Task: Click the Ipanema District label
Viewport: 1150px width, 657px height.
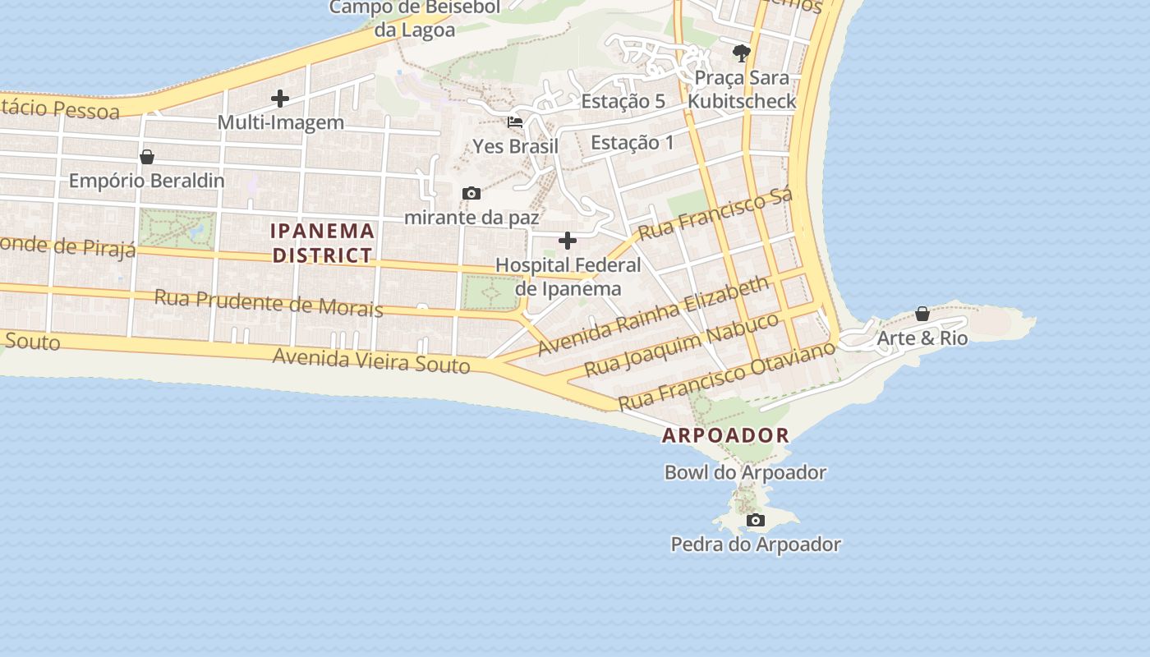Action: point(323,243)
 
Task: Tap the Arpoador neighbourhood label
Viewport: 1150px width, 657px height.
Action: point(725,435)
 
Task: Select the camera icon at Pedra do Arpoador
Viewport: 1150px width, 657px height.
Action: point(756,520)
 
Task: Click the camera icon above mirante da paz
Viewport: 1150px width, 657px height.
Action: point(471,193)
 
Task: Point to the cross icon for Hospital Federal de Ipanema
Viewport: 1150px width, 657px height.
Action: point(568,241)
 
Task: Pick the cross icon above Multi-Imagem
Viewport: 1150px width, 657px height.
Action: point(280,99)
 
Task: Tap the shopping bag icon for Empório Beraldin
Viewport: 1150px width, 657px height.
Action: point(147,156)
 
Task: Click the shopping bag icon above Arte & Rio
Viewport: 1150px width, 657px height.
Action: point(922,314)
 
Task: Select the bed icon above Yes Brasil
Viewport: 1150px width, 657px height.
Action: point(515,122)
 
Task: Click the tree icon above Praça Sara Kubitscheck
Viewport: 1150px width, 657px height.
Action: point(742,54)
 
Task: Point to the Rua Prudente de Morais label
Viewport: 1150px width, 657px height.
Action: point(269,302)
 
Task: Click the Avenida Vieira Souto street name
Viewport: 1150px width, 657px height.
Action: point(371,360)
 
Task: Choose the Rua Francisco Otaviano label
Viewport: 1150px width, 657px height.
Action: point(726,375)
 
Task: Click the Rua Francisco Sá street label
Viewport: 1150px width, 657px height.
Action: point(715,214)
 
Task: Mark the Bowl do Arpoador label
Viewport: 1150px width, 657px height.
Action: point(745,472)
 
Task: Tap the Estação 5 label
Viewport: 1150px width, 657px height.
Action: point(623,101)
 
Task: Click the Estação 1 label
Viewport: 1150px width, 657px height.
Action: point(632,142)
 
